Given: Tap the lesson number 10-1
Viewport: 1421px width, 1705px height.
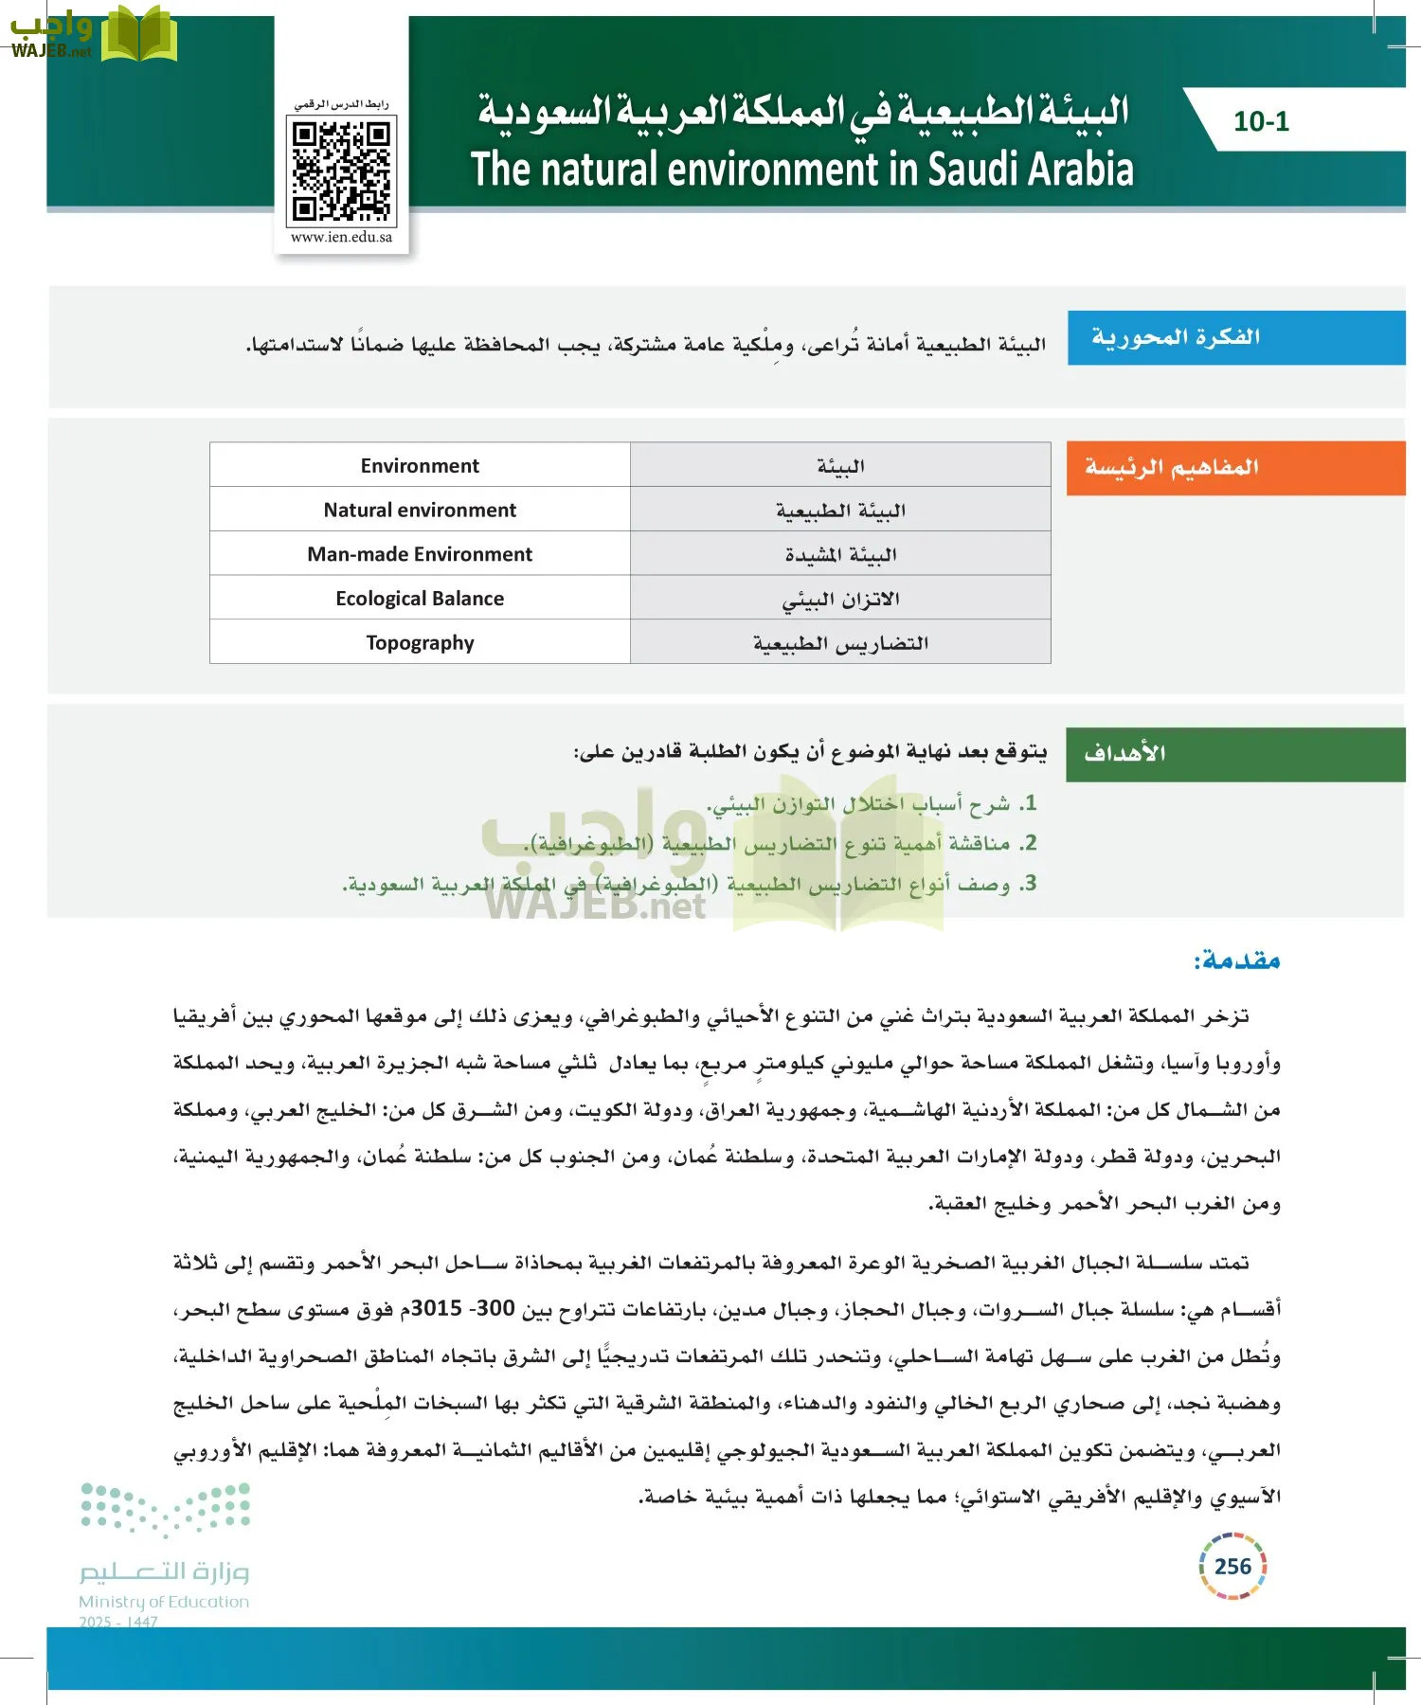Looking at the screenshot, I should (x=1261, y=121).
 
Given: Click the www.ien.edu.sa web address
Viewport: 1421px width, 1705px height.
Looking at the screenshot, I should (x=341, y=237).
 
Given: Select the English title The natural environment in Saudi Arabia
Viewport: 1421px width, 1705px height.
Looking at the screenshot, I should (x=801, y=170).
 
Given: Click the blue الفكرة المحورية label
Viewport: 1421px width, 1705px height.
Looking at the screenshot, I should (x=1175, y=337).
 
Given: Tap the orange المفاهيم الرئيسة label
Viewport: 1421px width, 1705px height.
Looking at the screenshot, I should (x=1171, y=467).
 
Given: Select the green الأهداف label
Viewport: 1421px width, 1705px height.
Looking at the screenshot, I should (x=1124, y=754).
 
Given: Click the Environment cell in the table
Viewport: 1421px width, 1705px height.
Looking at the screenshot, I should (x=420, y=465).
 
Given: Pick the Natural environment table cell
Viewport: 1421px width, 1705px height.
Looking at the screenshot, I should (x=420, y=510).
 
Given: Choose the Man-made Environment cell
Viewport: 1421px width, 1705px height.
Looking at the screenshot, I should (x=420, y=554).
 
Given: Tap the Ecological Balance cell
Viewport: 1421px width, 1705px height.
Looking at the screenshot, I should (x=420, y=599).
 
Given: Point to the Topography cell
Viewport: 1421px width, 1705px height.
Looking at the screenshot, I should (x=420, y=643).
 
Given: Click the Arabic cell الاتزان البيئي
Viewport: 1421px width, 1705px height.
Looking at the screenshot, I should (x=840, y=600).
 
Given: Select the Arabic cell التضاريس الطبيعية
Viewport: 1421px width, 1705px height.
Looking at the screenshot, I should (x=840, y=643).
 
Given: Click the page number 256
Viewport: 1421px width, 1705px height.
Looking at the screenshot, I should (x=1232, y=1567).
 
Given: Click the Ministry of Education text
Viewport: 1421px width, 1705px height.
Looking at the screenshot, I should (x=164, y=1602).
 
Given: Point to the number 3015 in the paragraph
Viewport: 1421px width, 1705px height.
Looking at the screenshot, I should (x=437, y=1309).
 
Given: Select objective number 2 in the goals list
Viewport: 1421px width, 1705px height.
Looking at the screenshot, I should (x=782, y=843).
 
